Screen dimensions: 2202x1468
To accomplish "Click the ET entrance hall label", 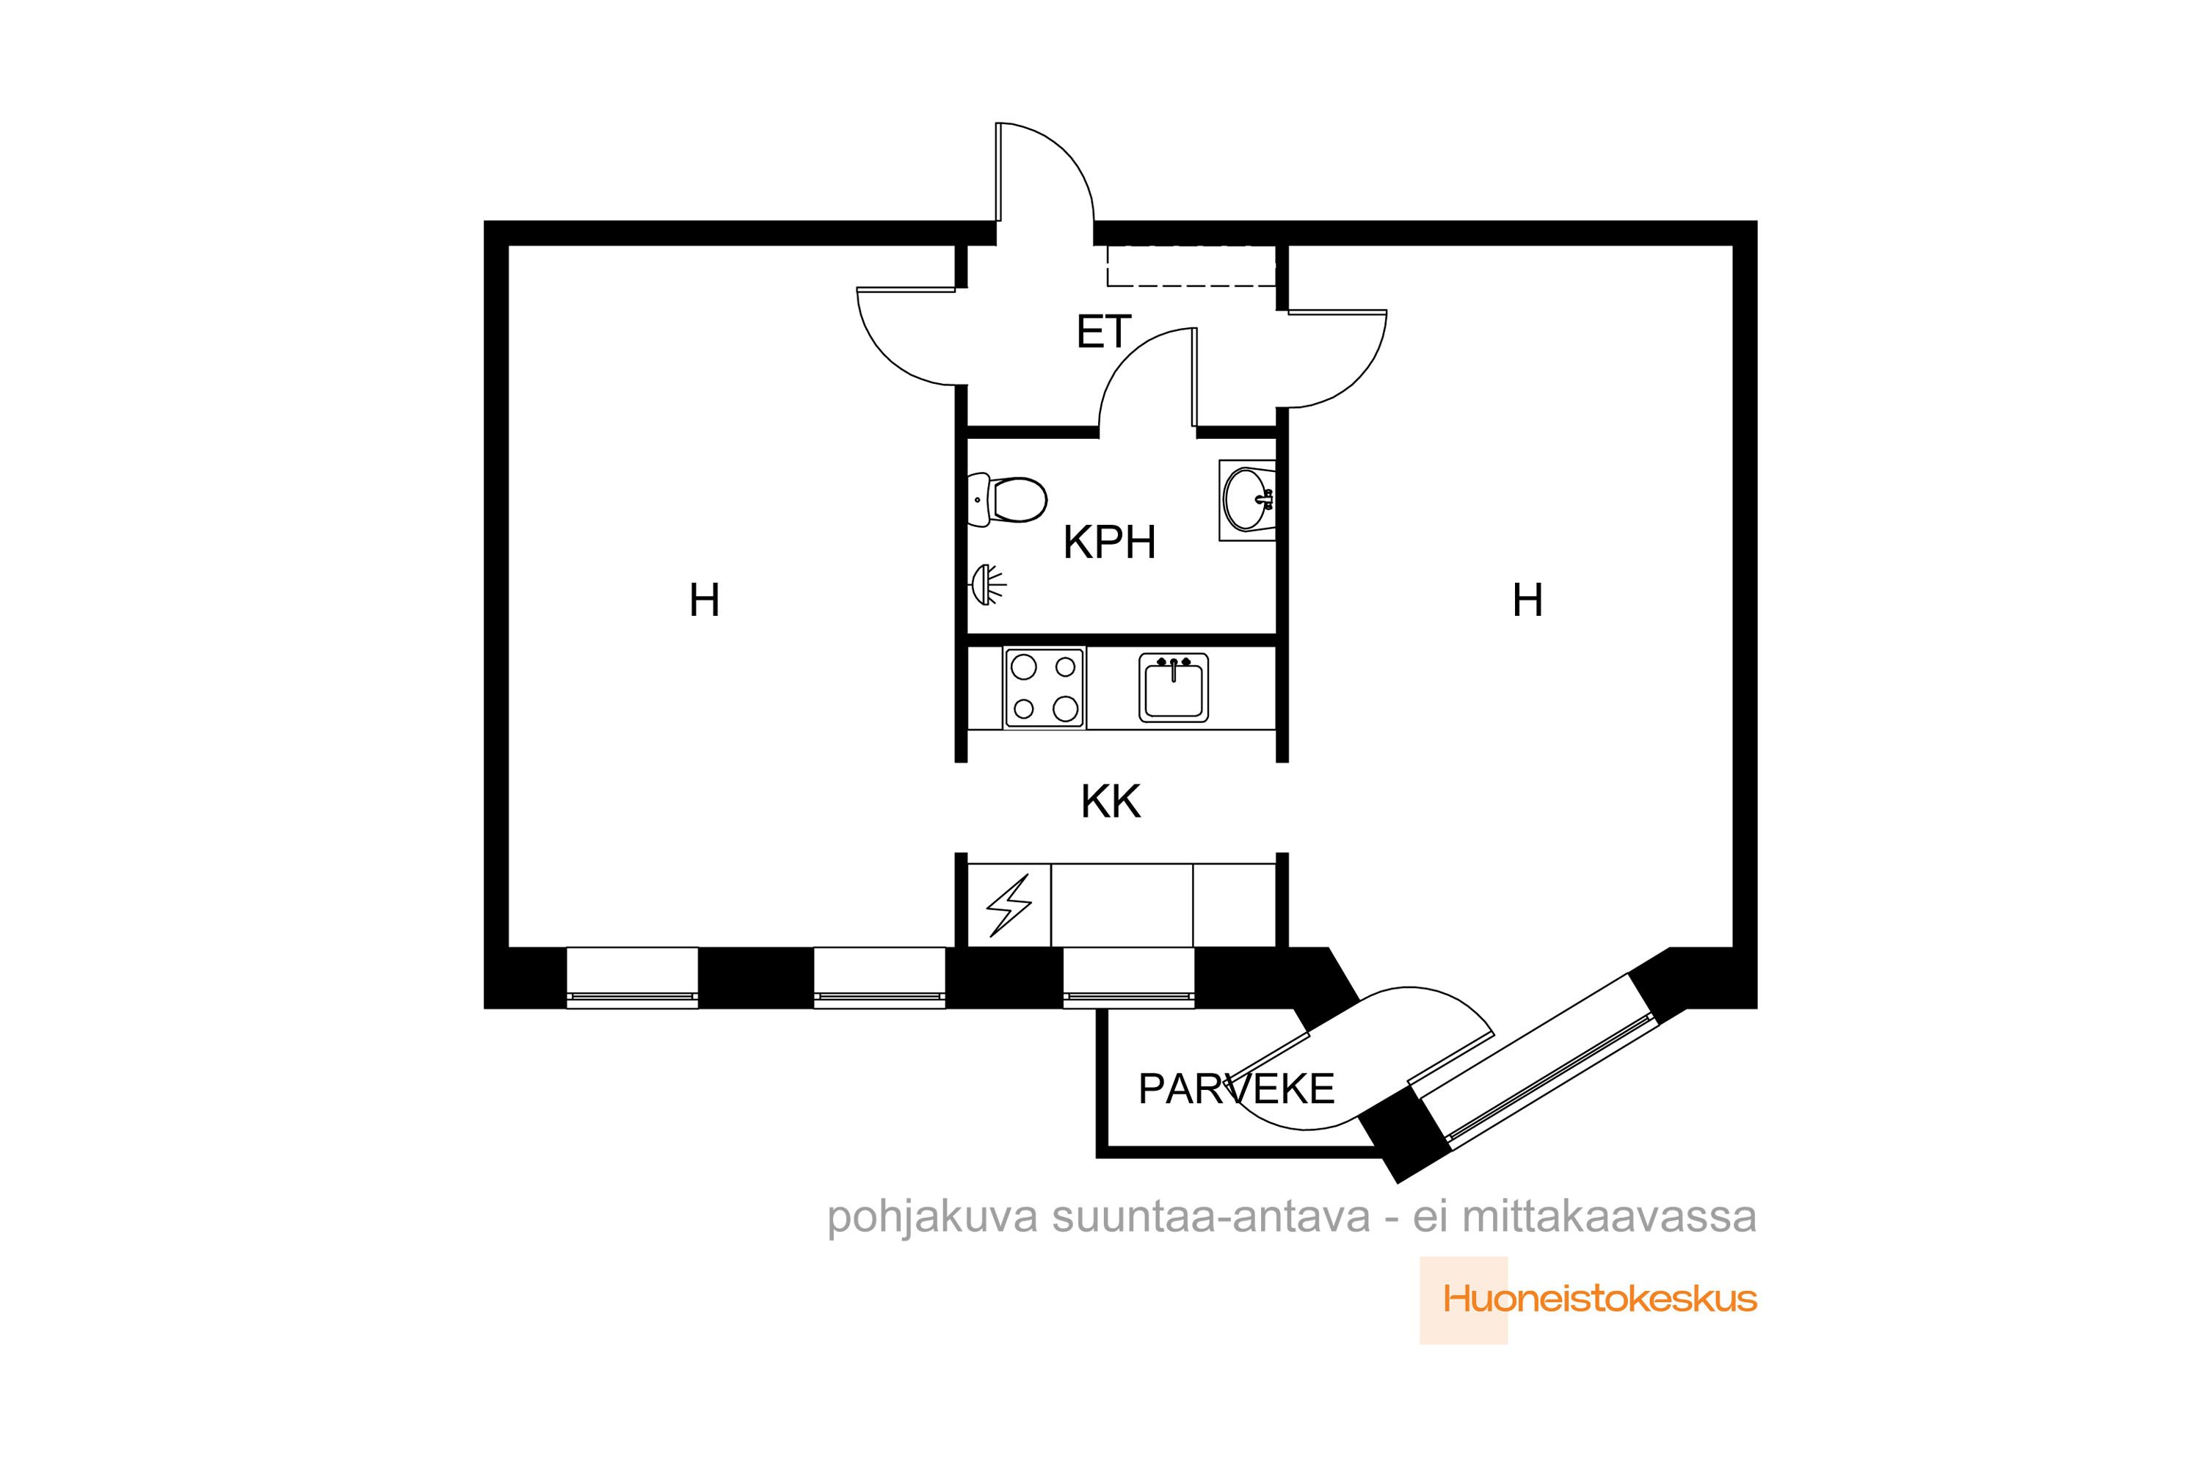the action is (1104, 333).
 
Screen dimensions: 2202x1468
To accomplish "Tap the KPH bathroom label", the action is (1109, 542).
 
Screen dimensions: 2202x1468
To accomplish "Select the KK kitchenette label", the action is (1111, 802).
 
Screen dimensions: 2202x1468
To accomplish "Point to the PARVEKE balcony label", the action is (1236, 1089).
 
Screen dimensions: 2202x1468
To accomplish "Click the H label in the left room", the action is (704, 600).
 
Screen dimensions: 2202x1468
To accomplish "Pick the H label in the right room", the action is (1528, 600).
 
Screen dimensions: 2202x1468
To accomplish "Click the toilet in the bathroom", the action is (1006, 500).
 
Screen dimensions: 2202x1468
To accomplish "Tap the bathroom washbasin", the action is (1247, 500).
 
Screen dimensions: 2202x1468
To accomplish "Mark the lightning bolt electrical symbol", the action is (1009, 905).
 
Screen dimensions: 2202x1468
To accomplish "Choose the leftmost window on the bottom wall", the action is (632, 978).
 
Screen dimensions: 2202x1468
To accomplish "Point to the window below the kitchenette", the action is (1128, 978).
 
